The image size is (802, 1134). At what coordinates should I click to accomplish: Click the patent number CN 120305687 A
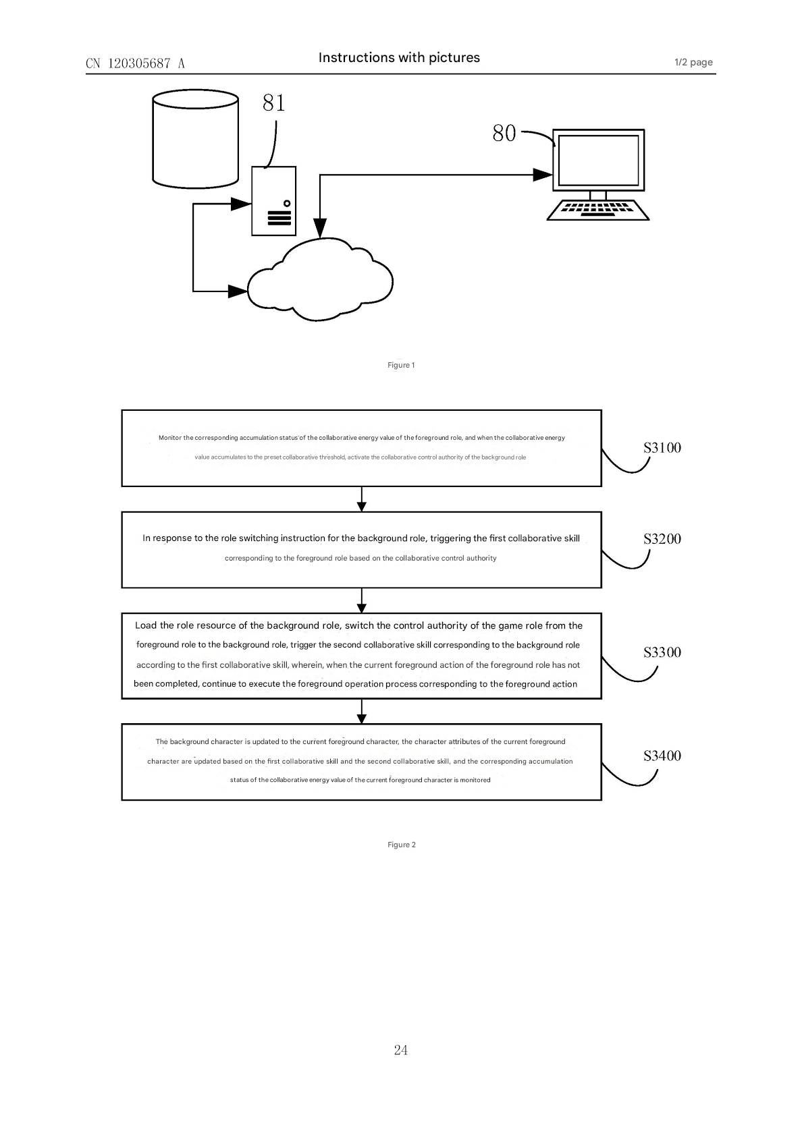135,63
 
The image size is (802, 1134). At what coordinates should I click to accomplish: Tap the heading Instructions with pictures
399,58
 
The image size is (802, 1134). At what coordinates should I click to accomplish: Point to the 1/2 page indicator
693,63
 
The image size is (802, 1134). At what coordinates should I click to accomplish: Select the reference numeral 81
274,103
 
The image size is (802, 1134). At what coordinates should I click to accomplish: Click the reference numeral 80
504,134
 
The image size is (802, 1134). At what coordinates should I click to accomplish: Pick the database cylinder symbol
195,140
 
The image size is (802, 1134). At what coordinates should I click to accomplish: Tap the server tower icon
273,201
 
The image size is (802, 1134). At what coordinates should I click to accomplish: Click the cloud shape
320,281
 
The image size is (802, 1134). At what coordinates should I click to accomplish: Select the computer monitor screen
598,161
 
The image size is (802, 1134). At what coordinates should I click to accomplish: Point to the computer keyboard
597,210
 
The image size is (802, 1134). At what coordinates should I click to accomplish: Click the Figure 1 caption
401,365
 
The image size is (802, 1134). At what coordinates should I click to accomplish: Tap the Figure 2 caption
402,845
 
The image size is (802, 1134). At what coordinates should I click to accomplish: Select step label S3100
662,448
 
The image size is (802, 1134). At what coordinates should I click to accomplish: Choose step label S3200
662,539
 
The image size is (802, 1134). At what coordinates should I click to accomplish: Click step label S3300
662,652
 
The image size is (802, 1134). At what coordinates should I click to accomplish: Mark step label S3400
662,756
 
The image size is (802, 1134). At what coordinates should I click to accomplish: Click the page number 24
401,1050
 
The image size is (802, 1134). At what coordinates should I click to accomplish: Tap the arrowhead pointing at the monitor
543,175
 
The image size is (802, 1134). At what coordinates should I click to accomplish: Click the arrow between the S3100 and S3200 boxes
362,499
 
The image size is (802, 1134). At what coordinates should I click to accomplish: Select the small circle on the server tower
287,203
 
